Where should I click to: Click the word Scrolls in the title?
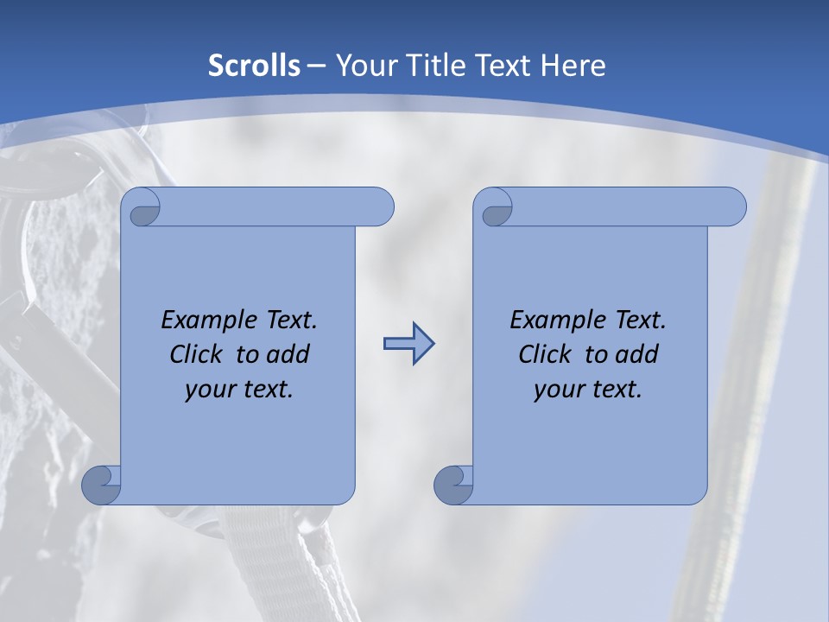[255, 66]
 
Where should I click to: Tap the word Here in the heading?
[573, 66]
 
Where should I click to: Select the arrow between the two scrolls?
[408, 344]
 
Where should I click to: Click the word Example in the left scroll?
[206, 321]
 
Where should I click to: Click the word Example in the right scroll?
[554, 321]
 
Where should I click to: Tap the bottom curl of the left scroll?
[101, 485]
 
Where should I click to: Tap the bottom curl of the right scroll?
[453, 485]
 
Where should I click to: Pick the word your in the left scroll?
[208, 390]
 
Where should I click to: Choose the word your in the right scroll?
[557, 390]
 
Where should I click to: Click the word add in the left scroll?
[288, 354]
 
